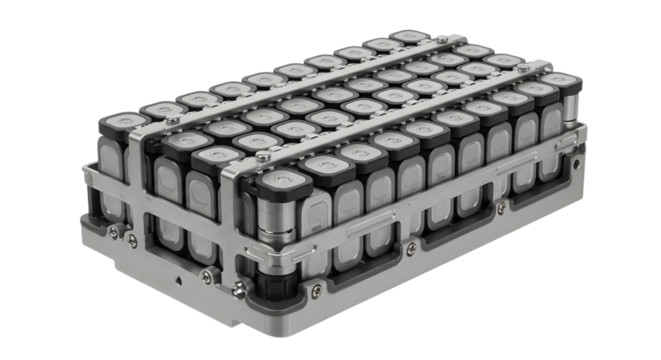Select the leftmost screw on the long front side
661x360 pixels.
[316, 291]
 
